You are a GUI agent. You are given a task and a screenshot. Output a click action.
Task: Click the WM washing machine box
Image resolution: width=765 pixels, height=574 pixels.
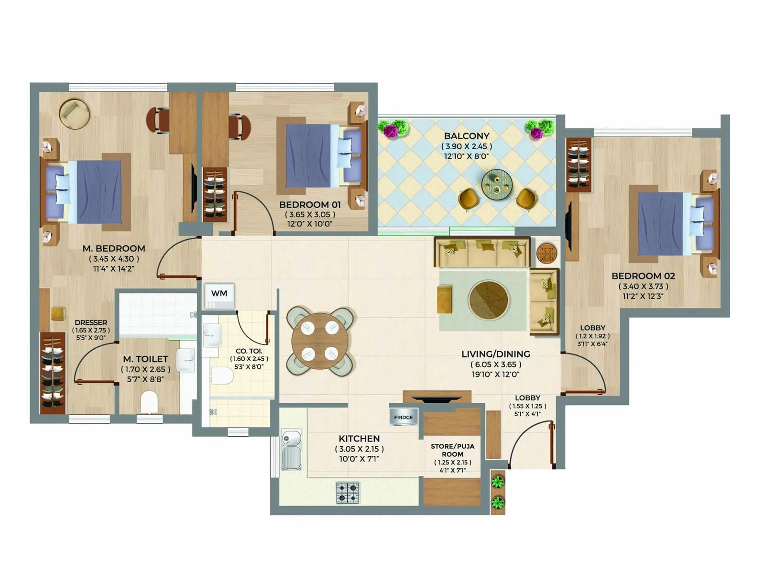(219, 294)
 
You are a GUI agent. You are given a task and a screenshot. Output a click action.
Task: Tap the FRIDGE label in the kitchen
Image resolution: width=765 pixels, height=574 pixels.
(404, 418)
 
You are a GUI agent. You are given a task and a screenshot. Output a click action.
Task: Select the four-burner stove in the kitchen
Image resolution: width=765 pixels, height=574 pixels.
(348, 493)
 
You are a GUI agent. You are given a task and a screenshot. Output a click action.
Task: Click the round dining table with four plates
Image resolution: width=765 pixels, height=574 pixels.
(320, 341)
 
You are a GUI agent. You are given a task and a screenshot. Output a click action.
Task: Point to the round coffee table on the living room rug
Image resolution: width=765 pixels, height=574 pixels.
(488, 300)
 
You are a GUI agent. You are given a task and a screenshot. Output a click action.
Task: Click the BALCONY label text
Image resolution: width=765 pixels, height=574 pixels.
(466, 136)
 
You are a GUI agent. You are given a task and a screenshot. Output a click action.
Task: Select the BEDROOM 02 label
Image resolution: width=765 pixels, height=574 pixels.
(643, 276)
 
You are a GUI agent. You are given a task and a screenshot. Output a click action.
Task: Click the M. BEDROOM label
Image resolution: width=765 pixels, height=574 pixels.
(114, 249)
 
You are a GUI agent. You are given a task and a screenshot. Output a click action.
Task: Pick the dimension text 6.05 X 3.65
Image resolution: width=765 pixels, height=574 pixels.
(496, 364)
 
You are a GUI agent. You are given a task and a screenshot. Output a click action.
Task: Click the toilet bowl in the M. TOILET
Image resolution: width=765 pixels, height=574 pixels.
(149, 402)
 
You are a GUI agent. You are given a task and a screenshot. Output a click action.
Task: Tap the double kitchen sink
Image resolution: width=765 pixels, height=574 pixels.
(291, 450)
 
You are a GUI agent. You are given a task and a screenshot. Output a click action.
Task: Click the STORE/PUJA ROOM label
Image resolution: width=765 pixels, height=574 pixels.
(452, 450)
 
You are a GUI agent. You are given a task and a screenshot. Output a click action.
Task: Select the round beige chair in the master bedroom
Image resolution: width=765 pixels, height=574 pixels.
(75, 114)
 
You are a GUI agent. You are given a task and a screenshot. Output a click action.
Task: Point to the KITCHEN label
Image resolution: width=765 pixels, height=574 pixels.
(359, 439)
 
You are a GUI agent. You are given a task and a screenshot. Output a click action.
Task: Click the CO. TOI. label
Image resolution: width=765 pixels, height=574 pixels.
(249, 351)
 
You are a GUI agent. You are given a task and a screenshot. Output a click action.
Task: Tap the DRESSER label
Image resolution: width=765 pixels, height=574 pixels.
(91, 322)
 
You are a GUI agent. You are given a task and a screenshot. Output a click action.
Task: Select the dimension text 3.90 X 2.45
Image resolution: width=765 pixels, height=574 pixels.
(466, 146)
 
